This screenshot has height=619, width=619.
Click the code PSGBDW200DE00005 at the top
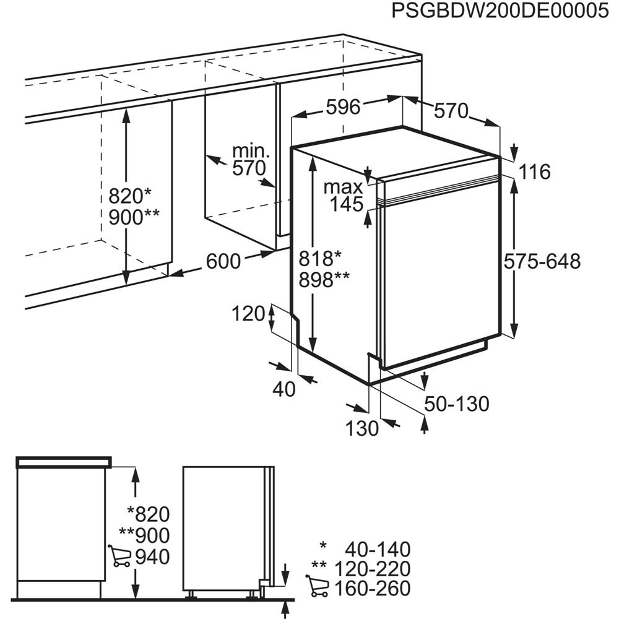click(500, 11)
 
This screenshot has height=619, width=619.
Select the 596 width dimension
click(344, 107)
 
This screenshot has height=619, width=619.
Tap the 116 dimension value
click(535, 172)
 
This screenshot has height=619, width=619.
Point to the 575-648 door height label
click(542, 261)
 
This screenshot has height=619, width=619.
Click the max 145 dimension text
click(344, 196)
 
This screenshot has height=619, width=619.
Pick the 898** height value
click(324, 280)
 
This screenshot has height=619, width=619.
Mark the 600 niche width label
click(223, 261)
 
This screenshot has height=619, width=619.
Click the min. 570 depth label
click(249, 160)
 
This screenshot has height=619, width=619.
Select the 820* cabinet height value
click(130, 196)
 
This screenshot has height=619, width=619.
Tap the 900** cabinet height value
click(134, 217)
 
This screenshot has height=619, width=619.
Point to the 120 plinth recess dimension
click(248, 314)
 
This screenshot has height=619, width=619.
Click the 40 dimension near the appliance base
click(284, 389)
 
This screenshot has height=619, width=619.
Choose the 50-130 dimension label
click(457, 404)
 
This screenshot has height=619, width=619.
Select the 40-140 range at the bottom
click(378, 549)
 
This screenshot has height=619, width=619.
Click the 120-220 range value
click(373, 569)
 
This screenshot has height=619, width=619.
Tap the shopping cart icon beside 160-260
click(317, 586)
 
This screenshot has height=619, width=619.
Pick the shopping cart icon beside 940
click(119, 556)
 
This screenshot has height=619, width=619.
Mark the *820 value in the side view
click(149, 514)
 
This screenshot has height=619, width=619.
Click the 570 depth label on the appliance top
click(451, 111)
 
